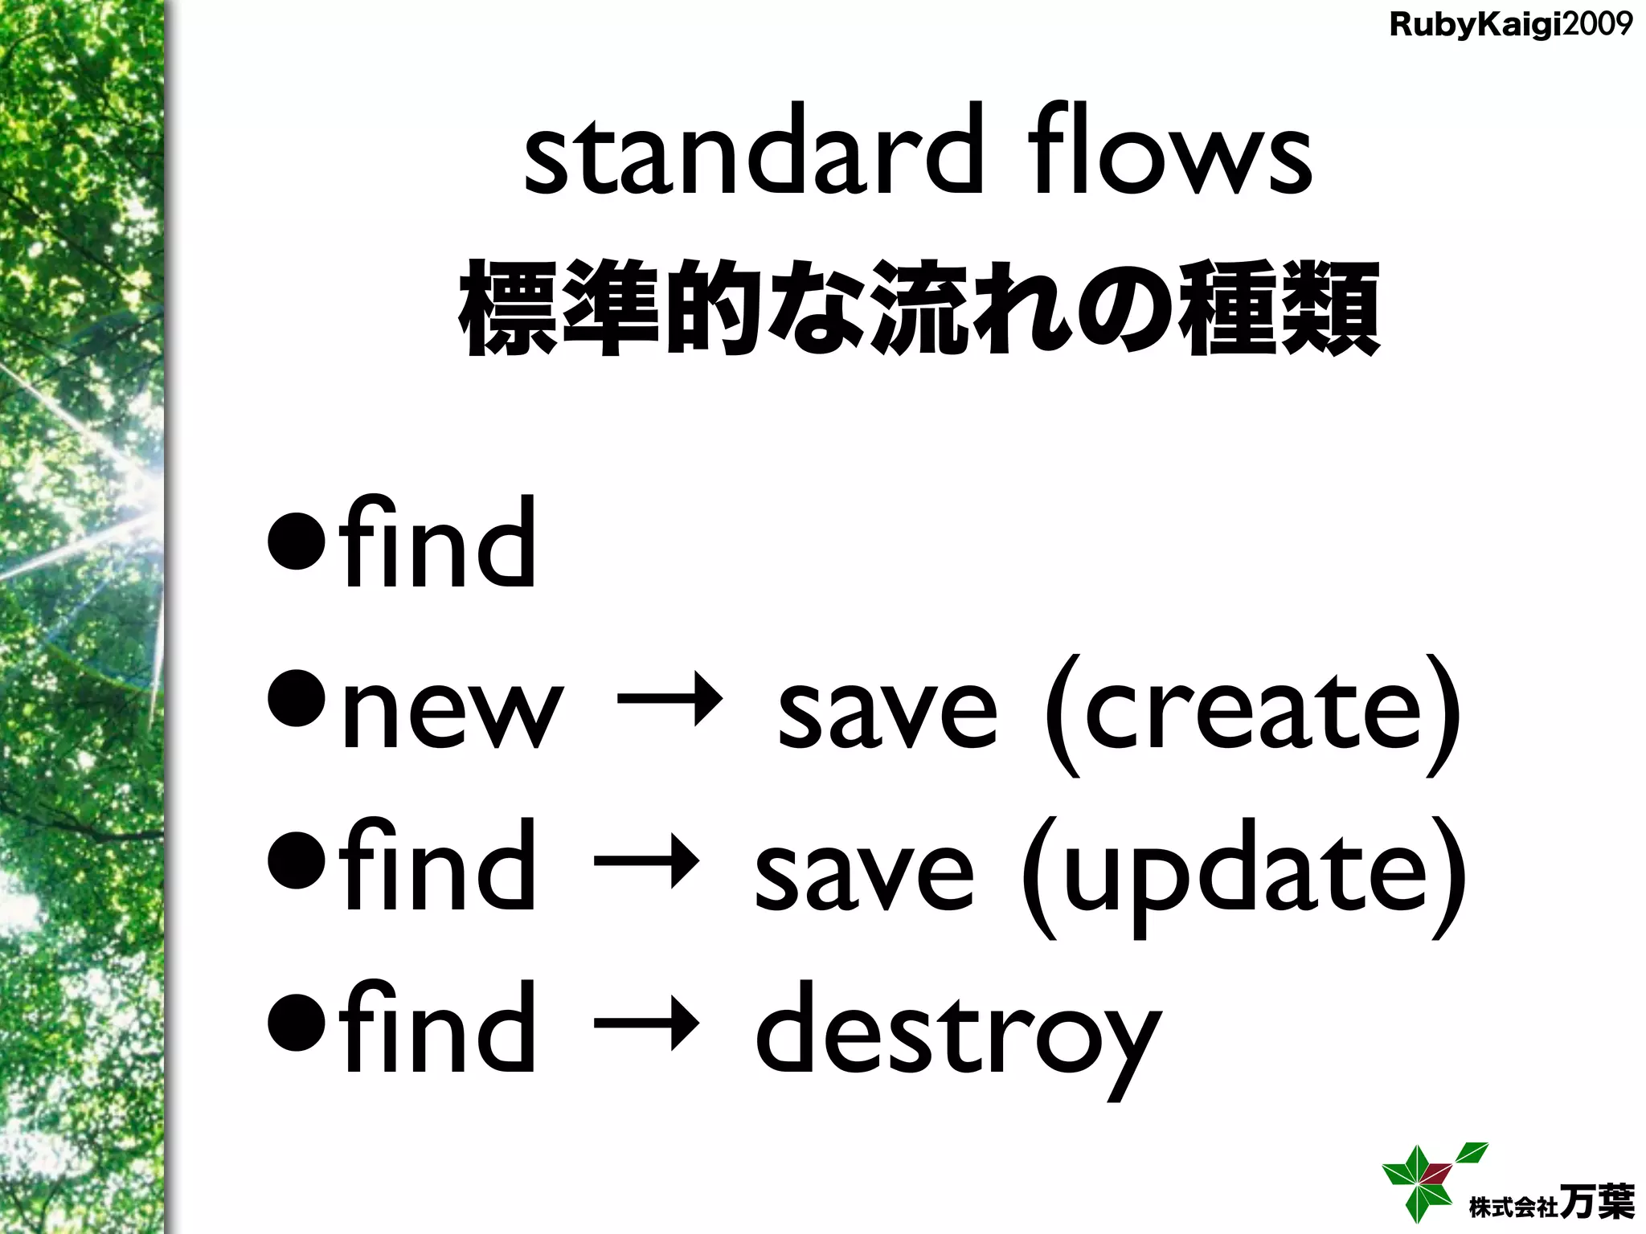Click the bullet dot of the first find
pos(297,547)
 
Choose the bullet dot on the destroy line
pos(297,1029)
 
